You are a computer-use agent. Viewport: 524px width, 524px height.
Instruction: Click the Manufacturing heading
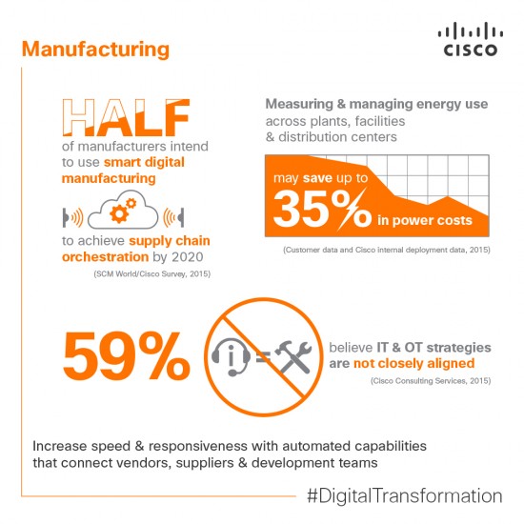coord(95,48)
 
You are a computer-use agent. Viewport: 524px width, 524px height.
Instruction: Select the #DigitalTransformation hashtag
coord(404,496)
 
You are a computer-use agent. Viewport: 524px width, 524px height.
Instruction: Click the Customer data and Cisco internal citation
coord(386,250)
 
